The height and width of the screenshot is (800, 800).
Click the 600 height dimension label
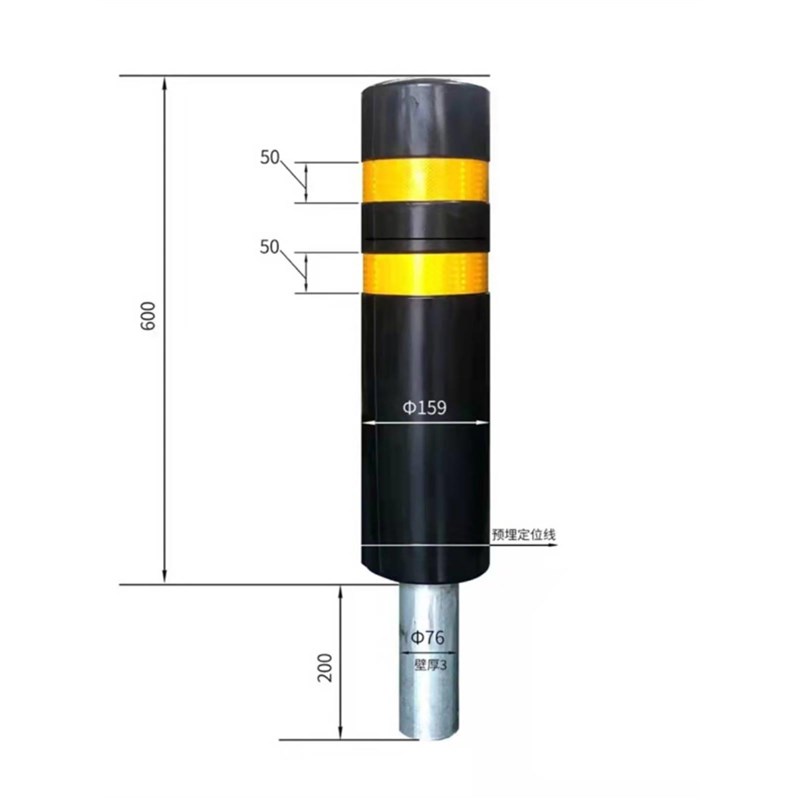click(148, 316)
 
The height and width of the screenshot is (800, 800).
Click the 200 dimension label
click(324, 667)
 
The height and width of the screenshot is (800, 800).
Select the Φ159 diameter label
click(424, 408)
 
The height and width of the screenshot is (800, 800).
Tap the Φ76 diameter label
click(428, 637)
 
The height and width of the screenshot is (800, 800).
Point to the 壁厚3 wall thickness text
click(431, 665)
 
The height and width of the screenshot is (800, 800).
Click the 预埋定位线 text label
click(523, 535)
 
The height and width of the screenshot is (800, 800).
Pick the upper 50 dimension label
click(270, 157)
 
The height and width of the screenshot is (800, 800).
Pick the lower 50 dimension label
click(270, 247)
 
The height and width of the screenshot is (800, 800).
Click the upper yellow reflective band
click(425, 180)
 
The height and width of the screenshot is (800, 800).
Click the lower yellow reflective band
click(425, 273)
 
